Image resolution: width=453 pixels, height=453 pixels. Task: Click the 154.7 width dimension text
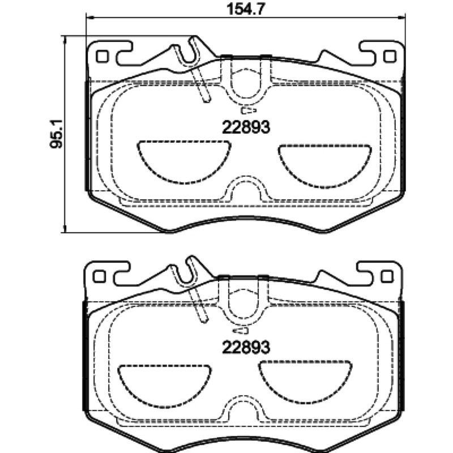tap(246, 9)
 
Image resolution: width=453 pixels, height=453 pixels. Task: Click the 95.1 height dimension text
tap(56, 134)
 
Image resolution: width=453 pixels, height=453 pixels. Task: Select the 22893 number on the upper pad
tap(246, 127)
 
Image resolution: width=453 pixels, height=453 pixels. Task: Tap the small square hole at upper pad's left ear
tap(102, 56)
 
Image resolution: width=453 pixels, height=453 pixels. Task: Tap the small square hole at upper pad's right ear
tap(390, 56)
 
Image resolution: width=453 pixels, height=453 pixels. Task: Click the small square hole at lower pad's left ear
tap(99, 276)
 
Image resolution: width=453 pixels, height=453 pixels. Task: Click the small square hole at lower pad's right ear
tap(387, 276)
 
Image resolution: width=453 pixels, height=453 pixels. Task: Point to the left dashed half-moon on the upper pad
tap(184, 162)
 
